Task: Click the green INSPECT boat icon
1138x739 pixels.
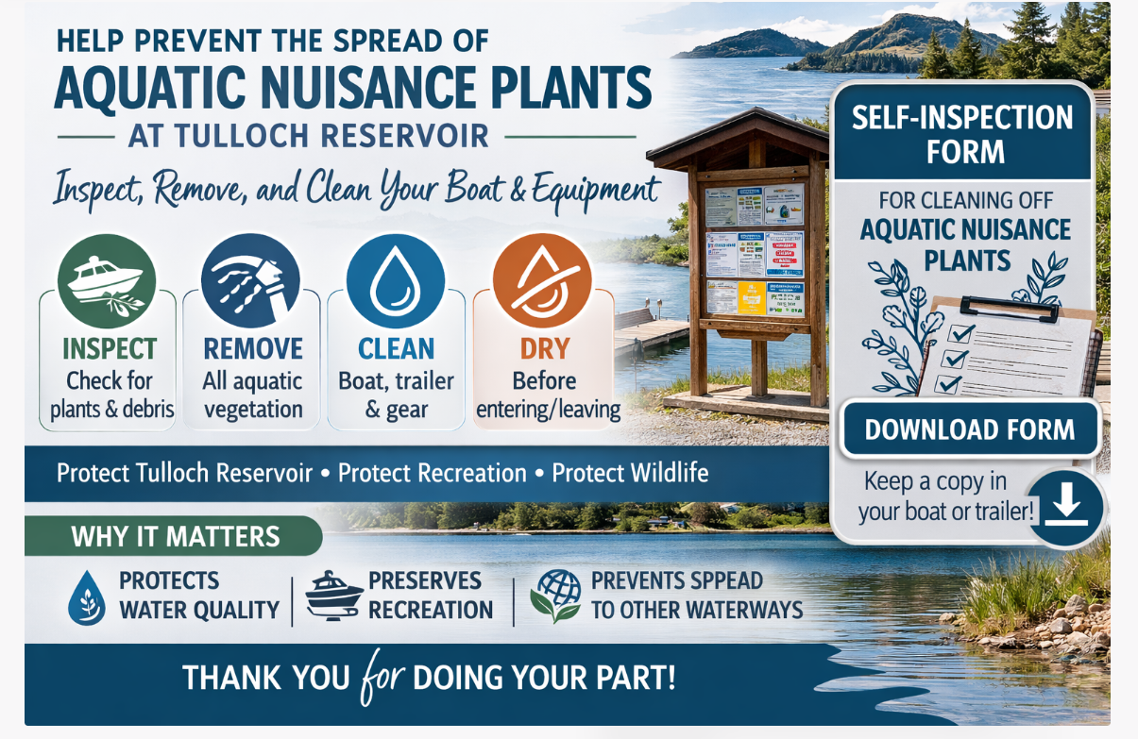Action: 107,280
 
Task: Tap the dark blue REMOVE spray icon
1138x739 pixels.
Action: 251,280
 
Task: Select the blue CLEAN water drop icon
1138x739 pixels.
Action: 396,280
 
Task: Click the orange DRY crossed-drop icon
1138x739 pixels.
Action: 542,280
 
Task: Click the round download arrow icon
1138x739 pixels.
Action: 1066,507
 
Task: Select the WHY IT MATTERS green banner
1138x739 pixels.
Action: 176,537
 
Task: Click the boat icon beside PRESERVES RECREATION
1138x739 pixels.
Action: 334,596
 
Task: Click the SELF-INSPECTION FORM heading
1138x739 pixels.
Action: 962,133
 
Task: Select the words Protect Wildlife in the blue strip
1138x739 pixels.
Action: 630,472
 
